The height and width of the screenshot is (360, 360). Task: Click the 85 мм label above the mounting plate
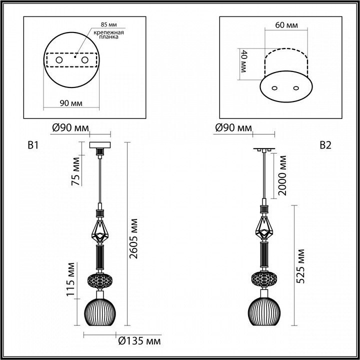(x=109, y=24)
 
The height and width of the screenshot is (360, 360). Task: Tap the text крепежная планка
(x=108, y=34)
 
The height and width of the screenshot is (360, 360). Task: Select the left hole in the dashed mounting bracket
(x=59, y=60)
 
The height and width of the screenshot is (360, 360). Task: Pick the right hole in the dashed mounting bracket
(x=84, y=60)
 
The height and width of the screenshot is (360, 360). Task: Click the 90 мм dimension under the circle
(x=71, y=103)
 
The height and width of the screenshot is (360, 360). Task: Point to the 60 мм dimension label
(x=286, y=25)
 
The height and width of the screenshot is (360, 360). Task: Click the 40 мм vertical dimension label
(x=243, y=61)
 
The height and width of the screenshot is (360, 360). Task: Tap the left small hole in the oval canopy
(x=274, y=88)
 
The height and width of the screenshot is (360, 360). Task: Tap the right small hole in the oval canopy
(x=296, y=88)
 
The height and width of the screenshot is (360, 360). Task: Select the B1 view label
(x=33, y=145)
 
